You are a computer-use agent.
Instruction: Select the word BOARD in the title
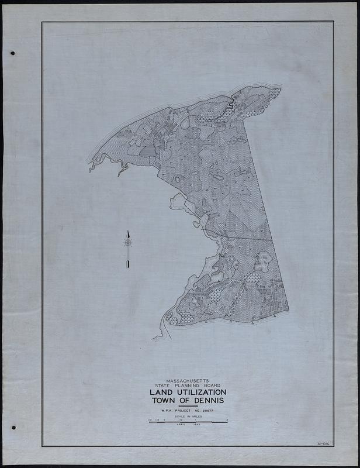[210, 386]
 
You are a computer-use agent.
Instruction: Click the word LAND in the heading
[157, 393]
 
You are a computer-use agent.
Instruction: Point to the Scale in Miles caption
[188, 418]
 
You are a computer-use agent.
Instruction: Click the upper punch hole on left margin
[12, 53]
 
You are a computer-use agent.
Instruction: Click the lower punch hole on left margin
[12, 428]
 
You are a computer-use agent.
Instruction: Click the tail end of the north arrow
[127, 266]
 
